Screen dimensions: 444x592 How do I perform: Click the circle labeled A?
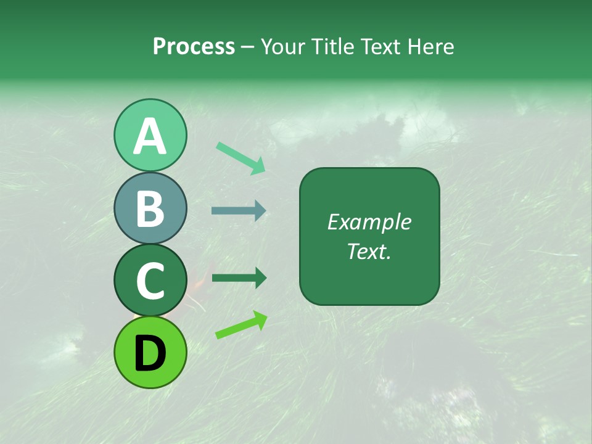(x=150, y=136)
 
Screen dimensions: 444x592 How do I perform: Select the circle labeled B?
(x=150, y=208)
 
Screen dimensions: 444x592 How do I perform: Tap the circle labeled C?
(x=150, y=281)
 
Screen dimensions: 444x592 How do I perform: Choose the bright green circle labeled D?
(x=150, y=352)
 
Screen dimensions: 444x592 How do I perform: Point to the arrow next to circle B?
(x=239, y=211)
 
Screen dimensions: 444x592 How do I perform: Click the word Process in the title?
(x=194, y=46)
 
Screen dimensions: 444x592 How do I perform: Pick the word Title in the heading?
(x=332, y=46)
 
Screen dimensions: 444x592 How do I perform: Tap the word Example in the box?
(x=369, y=222)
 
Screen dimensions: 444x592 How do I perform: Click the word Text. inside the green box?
(x=369, y=251)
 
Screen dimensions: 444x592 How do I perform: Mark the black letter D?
(x=150, y=353)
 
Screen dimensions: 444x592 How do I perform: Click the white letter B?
(x=150, y=209)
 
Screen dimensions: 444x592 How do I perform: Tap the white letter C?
(x=150, y=281)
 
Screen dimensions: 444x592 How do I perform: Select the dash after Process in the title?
(x=248, y=47)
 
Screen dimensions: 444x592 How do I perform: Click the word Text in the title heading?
(x=380, y=46)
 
